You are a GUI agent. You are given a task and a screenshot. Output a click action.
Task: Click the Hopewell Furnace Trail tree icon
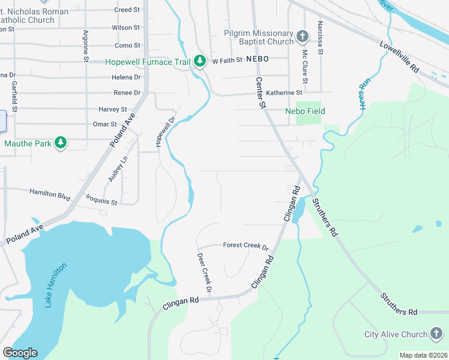pyautogui.click(x=200, y=61)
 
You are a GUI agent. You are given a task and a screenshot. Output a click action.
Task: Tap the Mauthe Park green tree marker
pyautogui.click(x=60, y=143)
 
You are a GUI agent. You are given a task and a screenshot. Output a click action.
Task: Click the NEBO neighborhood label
pyautogui.click(x=257, y=60)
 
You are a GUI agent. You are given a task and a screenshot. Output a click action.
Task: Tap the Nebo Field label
pyautogui.click(x=304, y=111)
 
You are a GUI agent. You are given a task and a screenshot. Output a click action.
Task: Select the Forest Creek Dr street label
pyautogui.click(x=245, y=245)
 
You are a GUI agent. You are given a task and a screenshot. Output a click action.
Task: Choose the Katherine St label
pyautogui.click(x=284, y=93)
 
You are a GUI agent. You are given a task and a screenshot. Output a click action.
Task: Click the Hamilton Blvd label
pyautogui.click(x=50, y=194)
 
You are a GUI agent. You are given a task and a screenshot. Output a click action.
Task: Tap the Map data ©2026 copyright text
pyautogui.click(x=423, y=355)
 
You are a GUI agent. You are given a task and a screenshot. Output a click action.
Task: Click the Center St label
pyautogui.click(x=261, y=92)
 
